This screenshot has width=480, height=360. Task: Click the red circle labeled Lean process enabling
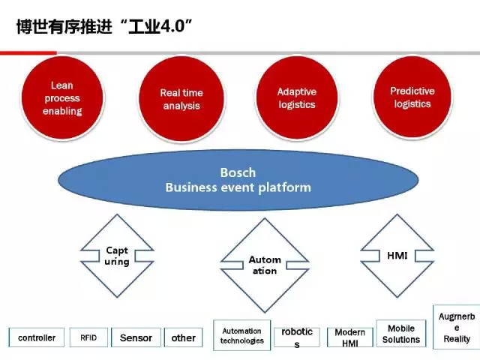coord(62,98)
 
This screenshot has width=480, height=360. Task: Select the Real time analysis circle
coord(181,99)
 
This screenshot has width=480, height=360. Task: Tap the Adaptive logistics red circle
coord(297,97)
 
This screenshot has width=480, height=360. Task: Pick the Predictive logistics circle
coord(412,97)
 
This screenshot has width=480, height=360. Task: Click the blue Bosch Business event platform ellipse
coord(238,180)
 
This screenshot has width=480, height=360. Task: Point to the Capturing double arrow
coord(117,256)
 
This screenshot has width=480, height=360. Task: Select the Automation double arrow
coord(265,265)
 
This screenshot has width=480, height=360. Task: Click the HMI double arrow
coord(397,256)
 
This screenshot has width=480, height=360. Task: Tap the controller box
coord(37,337)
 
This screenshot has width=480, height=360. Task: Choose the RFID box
coord(88,337)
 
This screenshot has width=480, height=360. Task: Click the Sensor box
coord(136,337)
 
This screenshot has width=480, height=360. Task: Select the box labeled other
coord(183,337)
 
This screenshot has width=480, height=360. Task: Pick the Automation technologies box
coord(241,335)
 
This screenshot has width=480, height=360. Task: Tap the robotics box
coord(297,337)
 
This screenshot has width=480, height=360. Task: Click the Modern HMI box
coord(350,337)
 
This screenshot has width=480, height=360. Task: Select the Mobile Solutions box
coord(401,333)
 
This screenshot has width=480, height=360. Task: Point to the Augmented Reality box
coord(457,327)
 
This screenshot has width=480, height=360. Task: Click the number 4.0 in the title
coord(172,26)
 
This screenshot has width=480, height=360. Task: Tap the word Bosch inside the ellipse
coord(238,172)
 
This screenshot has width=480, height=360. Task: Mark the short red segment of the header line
coord(28,53)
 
